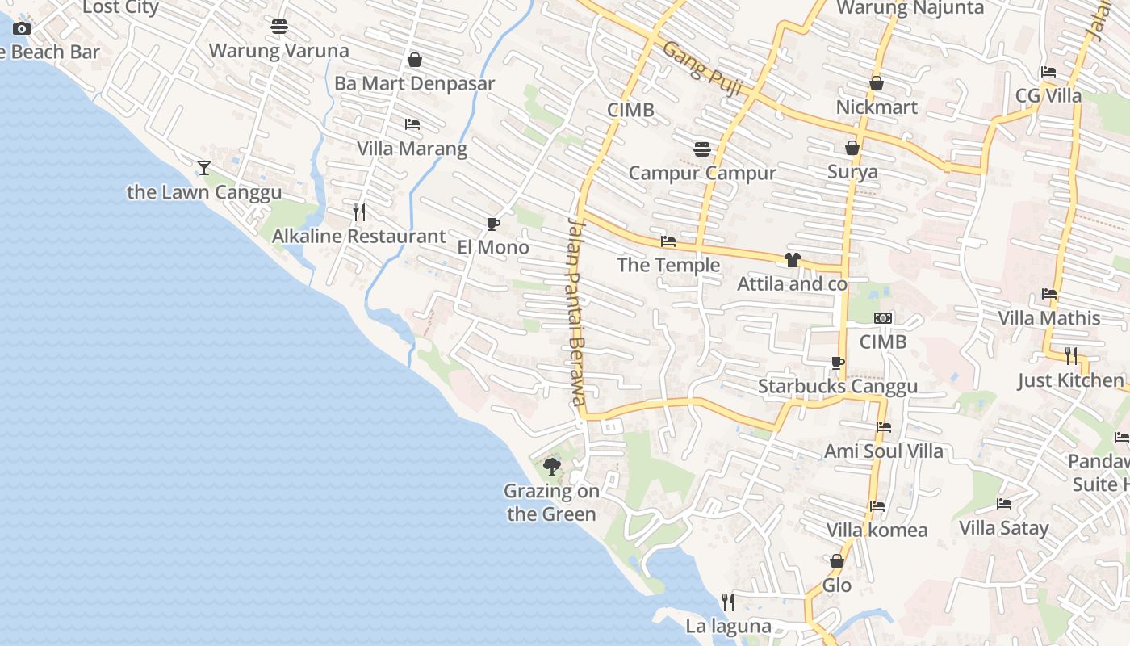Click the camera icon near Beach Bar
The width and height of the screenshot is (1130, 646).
tap(22, 29)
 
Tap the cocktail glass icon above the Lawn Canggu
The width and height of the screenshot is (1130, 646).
tap(204, 167)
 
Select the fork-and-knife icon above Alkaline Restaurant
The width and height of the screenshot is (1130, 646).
tap(359, 212)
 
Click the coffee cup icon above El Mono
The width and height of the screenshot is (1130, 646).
tap(492, 224)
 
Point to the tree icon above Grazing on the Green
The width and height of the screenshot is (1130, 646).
tap(552, 466)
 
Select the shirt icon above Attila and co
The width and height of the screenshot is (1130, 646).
tap(792, 259)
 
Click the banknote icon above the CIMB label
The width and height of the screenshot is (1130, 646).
tap(883, 318)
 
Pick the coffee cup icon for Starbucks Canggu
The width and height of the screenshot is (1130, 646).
tap(837, 363)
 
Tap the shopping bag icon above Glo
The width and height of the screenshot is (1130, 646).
tap(837, 560)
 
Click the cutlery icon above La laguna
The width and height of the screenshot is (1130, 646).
tap(728, 602)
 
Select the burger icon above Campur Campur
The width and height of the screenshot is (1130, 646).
tap(702, 149)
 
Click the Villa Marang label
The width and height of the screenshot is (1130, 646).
tap(412, 149)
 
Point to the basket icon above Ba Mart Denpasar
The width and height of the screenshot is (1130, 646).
tap(415, 60)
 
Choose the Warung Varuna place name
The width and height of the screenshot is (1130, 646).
tap(278, 51)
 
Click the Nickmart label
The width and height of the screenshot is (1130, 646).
tap(877, 107)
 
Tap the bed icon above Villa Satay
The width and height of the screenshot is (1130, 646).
tap(1004, 504)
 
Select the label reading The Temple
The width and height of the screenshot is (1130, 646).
tap(668, 265)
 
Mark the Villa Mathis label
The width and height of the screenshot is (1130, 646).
tap(1049, 318)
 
